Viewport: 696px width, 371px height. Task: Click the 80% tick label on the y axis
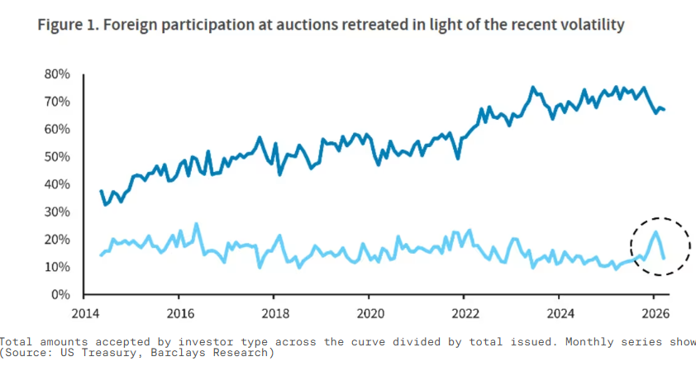57,74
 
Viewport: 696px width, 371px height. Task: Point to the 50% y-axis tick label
57,157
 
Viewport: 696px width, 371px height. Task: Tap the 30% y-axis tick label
57,212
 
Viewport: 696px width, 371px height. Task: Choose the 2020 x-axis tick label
369,314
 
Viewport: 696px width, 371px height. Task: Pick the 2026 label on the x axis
653,314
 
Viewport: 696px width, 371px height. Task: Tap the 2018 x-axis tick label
274,314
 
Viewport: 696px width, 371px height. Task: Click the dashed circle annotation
659,245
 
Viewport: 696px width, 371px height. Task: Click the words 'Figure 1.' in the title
67,26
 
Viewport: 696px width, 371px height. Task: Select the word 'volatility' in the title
590,26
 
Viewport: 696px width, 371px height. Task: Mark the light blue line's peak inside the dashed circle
655,231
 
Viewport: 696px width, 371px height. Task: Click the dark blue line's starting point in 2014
101,191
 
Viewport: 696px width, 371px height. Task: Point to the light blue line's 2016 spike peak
196,223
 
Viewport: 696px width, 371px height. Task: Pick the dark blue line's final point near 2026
665,110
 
